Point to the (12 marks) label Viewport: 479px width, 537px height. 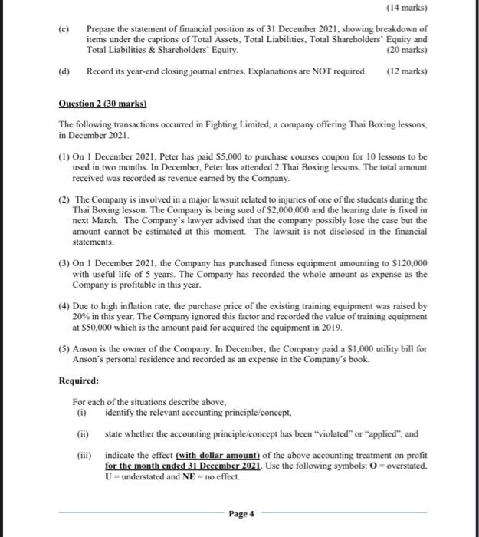click(x=407, y=71)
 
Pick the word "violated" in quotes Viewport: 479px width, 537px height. click(x=336, y=433)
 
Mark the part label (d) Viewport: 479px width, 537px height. click(x=64, y=71)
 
